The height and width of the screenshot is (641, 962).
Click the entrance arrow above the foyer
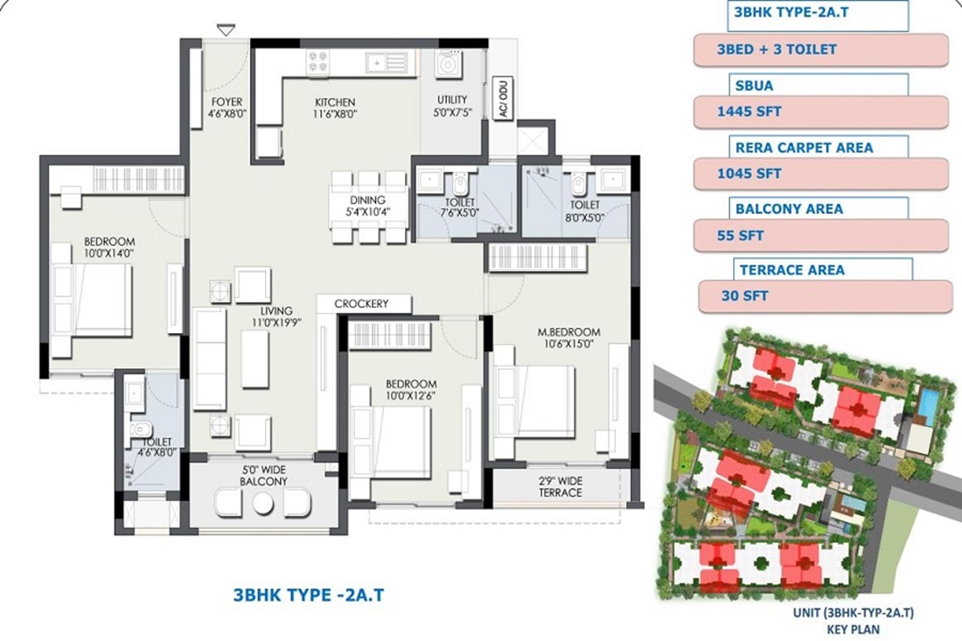[x=226, y=30]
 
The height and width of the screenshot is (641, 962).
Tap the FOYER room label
[x=227, y=101]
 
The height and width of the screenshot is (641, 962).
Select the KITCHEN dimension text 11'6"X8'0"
[x=335, y=114]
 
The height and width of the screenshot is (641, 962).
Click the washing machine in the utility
[x=448, y=64]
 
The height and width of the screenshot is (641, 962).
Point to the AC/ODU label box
[x=503, y=99]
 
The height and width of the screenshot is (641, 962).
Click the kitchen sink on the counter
[x=386, y=63]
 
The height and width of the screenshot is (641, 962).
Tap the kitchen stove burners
[x=317, y=63]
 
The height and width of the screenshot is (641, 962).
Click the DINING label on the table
[x=368, y=200]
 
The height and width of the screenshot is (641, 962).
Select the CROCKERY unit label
[x=361, y=303]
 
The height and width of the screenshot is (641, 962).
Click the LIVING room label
[x=276, y=311]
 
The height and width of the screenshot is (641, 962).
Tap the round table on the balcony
[x=262, y=504]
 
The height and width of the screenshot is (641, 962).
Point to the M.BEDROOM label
[x=568, y=332]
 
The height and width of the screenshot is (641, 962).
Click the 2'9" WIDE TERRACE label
[x=561, y=487]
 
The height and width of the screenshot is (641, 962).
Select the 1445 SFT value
[x=749, y=112]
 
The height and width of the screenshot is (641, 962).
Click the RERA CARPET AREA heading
[x=804, y=148]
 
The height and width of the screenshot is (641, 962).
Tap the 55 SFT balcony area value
[x=740, y=235]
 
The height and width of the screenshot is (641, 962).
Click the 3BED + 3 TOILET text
[x=777, y=50]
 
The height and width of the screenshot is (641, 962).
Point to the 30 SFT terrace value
[x=744, y=296]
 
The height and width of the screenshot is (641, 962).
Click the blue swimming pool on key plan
[x=929, y=401]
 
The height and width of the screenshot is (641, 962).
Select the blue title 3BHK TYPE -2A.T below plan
[x=309, y=595]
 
